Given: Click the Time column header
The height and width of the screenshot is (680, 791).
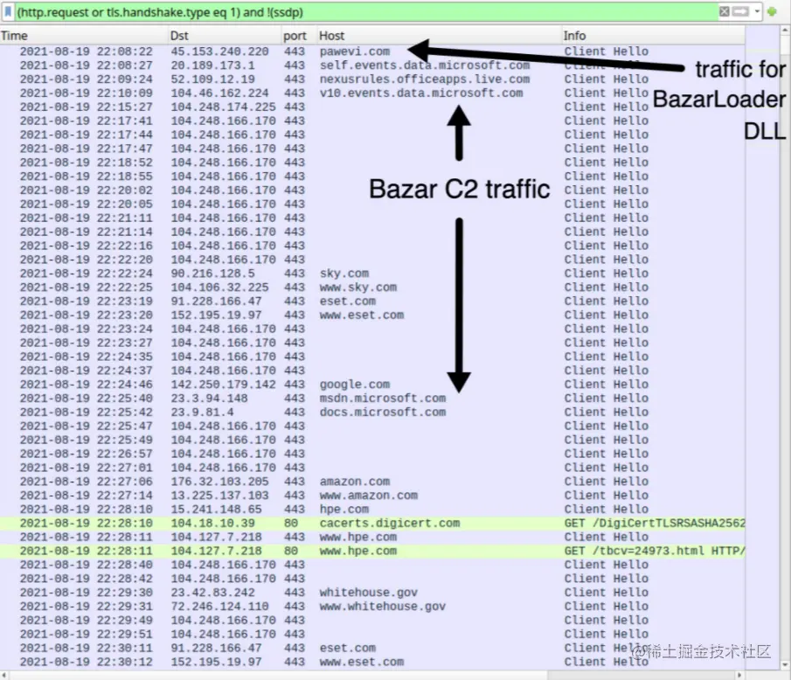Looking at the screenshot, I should tap(15, 36).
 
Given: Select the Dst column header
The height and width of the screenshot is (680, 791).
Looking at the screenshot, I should tap(179, 36).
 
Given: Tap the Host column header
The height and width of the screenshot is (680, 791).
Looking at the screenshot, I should tap(332, 36).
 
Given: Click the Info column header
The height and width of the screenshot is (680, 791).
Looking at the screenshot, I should tap(575, 36).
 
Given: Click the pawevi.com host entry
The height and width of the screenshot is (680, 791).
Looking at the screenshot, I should tap(355, 52).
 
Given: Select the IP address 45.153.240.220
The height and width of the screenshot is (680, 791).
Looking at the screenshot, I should tap(219, 52).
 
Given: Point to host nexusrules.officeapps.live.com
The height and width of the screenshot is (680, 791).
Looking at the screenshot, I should tap(424, 80).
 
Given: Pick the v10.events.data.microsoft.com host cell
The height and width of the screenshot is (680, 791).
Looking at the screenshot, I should tap(420, 94).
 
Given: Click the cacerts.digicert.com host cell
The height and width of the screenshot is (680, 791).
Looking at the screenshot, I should tap(389, 524).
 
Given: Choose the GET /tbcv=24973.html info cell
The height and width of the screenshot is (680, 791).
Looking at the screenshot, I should tap(654, 552).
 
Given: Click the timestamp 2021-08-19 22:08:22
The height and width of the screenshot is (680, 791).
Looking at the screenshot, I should tap(86, 52).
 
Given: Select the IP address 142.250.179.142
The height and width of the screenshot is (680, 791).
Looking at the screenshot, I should tap(223, 385).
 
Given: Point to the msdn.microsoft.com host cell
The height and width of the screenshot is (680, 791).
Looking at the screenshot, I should tap(382, 399).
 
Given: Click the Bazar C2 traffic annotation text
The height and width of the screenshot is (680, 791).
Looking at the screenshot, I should tap(459, 189).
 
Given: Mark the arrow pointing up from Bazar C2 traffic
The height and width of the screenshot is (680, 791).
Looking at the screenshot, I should tap(459, 131).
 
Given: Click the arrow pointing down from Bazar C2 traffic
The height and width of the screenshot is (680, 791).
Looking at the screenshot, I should tap(459, 306).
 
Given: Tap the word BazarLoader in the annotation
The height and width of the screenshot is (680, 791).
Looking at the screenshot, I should tap(718, 100).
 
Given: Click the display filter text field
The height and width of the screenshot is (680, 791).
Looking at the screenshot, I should tap(350, 12).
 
